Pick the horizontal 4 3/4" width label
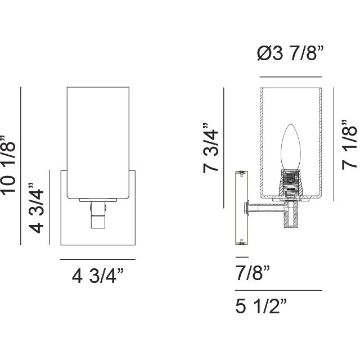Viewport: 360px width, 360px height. tap(97, 277)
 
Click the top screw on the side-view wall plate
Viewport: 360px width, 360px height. tap(241, 172)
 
